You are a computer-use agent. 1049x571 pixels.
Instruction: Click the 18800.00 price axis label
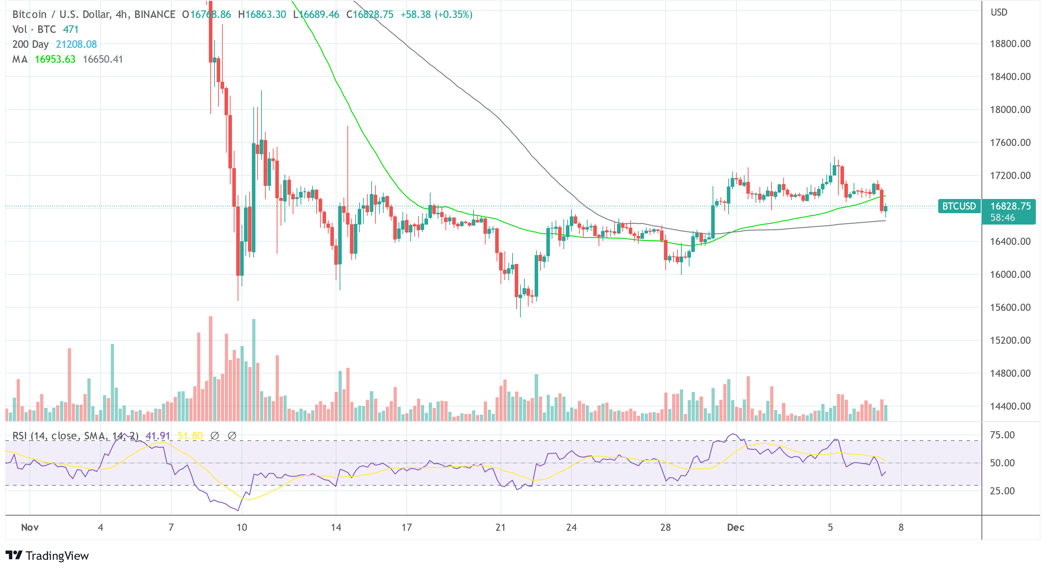click(1010, 44)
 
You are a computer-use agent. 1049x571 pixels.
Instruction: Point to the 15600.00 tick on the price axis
click(1010, 307)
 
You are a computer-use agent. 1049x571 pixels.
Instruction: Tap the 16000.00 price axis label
click(1010, 274)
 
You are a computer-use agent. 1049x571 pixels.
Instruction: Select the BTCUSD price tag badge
click(959, 206)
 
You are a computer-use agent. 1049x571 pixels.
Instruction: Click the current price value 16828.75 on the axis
click(1010, 206)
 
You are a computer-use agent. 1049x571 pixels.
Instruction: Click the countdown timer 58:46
click(1002, 217)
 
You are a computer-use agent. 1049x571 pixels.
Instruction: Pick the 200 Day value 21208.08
click(76, 44)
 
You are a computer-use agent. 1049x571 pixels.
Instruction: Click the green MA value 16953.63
click(55, 59)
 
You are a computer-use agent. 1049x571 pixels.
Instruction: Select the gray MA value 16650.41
click(103, 59)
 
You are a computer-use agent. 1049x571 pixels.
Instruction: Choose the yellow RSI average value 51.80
click(190, 436)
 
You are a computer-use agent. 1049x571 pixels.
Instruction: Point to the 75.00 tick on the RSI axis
click(1002, 435)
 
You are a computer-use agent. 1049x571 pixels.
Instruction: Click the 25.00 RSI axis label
click(1002, 491)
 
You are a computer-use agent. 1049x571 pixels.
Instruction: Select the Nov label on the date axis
click(30, 527)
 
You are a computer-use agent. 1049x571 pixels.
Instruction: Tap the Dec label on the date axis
click(735, 527)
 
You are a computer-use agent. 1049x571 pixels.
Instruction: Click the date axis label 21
click(500, 527)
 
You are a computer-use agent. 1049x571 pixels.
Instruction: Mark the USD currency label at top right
click(999, 12)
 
